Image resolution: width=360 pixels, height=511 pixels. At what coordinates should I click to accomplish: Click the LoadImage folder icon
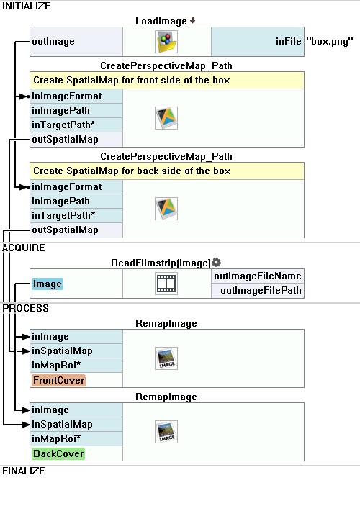[x=166, y=42]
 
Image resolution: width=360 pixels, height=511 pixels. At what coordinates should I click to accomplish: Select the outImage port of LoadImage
[x=53, y=42]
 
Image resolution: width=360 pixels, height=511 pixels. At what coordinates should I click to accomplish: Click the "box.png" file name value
[x=330, y=42]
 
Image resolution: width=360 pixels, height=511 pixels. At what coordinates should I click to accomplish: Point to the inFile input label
[x=289, y=42]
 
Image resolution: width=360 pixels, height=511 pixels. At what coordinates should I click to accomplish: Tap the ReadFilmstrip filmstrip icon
[x=166, y=284]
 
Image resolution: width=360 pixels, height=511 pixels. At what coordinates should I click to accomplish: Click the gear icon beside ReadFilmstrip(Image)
[x=216, y=263]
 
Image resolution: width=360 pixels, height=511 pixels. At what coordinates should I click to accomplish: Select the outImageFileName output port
[x=258, y=276]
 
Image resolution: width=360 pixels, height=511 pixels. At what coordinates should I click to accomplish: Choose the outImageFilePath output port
[x=261, y=291]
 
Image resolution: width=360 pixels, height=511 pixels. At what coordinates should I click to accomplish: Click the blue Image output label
[x=48, y=284]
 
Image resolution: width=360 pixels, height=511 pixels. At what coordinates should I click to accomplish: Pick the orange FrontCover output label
[x=59, y=380]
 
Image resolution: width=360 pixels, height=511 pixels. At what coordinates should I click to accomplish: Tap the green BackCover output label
[x=59, y=453]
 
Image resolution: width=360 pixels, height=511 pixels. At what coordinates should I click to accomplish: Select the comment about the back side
[x=132, y=171]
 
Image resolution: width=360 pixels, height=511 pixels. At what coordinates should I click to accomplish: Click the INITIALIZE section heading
[x=27, y=6]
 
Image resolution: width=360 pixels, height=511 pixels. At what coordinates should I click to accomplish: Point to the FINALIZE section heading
[x=24, y=471]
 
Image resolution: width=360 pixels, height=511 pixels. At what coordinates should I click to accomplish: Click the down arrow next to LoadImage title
[x=193, y=21]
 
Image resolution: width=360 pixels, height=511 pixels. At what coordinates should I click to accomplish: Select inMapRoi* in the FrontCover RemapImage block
[x=56, y=366]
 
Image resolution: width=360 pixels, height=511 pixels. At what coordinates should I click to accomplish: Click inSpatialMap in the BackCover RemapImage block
[x=62, y=425]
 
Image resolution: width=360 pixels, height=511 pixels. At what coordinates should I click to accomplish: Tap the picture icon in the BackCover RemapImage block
[x=166, y=432]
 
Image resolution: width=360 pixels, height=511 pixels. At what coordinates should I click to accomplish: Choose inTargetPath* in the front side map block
[x=63, y=125]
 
